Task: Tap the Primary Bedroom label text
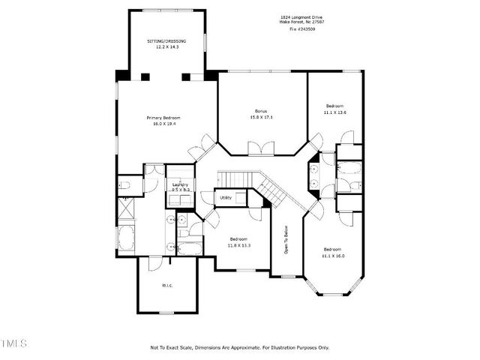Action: tap(163, 118)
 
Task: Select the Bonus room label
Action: tap(261, 111)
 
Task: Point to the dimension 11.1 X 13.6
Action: tap(334, 112)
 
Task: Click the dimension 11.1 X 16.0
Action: tap(333, 255)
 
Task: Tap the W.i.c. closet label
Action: tap(167, 284)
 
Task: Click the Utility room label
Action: tap(226, 198)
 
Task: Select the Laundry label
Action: tap(180, 184)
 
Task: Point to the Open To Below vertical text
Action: tap(286, 239)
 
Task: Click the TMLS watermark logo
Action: tap(13, 344)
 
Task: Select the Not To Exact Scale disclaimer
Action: tap(239, 347)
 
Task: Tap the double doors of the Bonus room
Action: tap(262, 148)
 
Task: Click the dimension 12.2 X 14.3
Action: tap(166, 46)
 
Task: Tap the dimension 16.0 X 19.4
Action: tap(163, 124)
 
